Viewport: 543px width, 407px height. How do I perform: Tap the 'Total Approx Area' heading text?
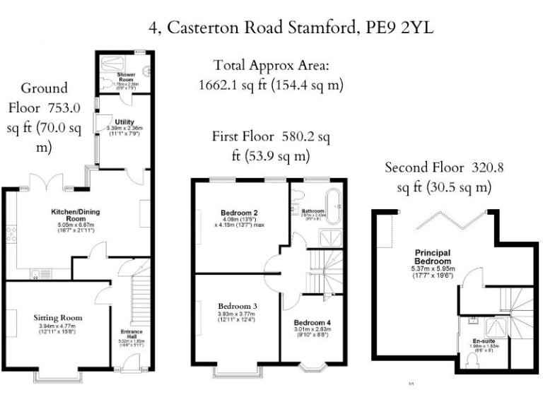(x=271, y=66)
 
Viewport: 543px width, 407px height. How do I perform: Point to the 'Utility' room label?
(x=115, y=122)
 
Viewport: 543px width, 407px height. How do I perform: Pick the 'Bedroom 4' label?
(x=311, y=321)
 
